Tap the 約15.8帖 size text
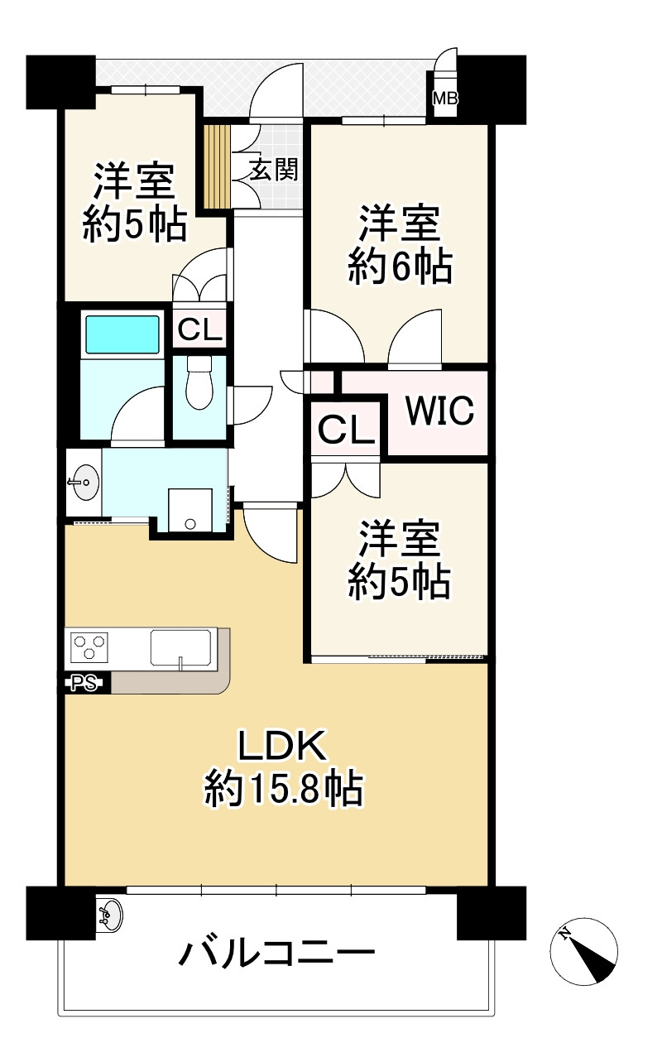(284, 790)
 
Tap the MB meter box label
(444, 99)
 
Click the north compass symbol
(584, 950)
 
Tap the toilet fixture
(199, 382)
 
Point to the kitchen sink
(180, 647)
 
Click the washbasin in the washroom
(84, 481)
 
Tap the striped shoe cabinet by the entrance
(217, 166)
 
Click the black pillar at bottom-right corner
(492, 912)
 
